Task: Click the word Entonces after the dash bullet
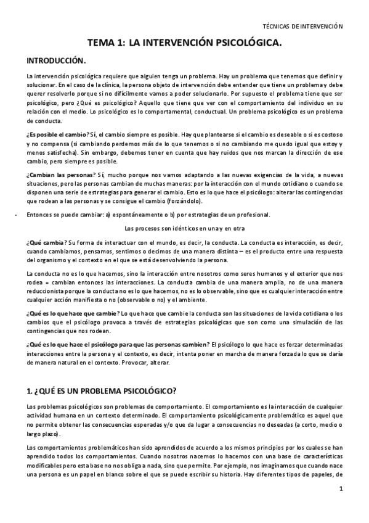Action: point(40,215)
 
